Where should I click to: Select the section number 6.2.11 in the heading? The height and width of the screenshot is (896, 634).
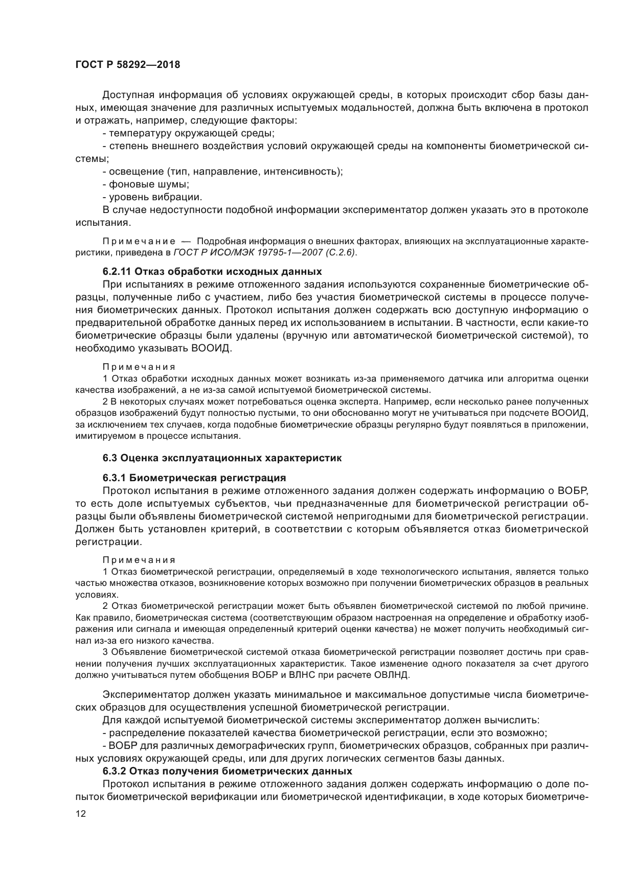point(117,271)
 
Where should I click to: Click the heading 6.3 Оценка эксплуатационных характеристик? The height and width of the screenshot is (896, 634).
point(222,458)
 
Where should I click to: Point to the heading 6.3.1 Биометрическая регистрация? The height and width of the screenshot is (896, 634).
point(194,478)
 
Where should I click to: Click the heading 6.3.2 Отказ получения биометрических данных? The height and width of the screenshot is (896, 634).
point(227,771)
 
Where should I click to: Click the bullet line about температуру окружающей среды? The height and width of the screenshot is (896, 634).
point(189,133)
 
